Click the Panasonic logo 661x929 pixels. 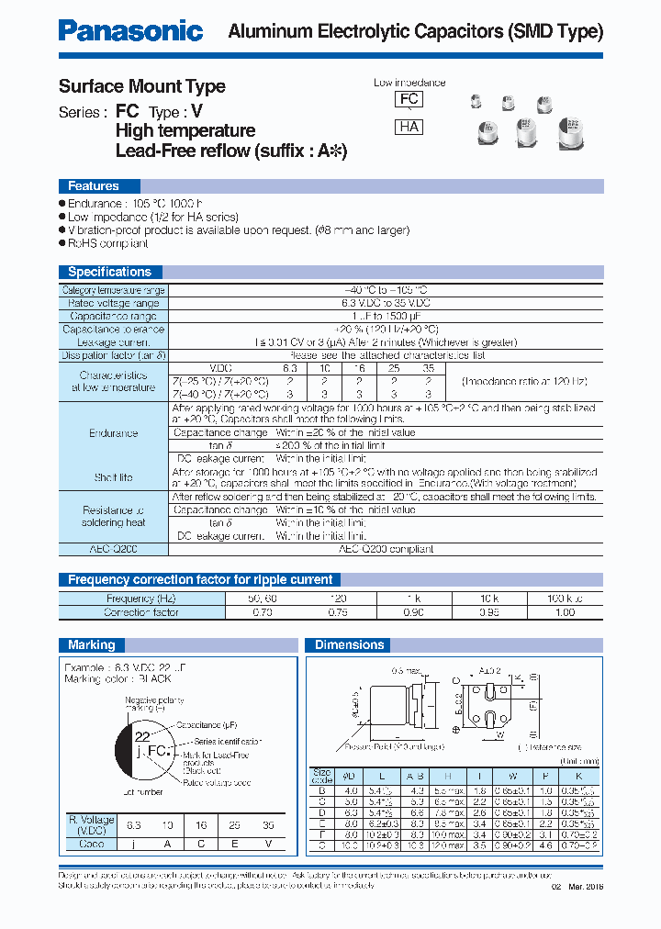coord(130,30)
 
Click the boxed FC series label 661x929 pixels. coord(409,100)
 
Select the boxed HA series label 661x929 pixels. coord(409,128)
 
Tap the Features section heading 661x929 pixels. coord(94,185)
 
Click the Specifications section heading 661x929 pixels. coord(109,272)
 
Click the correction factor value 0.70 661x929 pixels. coord(263,611)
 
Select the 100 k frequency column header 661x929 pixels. coord(564,599)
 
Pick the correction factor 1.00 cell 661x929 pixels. coord(564,611)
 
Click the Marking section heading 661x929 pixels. coord(92,644)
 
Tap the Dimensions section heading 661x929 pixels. coord(349,644)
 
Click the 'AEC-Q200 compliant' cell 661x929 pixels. coord(387,549)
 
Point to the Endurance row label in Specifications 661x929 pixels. coord(114,432)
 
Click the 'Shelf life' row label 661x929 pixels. coord(114,477)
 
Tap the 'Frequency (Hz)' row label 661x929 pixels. coord(141,599)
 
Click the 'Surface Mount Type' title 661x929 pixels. coord(141,86)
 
